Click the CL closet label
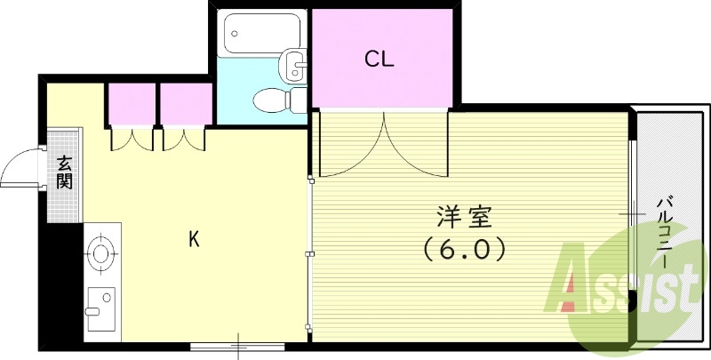point(379,60)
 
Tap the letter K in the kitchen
point(194,238)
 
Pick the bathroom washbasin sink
point(294,64)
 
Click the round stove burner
point(102,252)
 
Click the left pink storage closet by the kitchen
point(132,104)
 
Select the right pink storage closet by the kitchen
point(186,104)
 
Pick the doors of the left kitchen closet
point(132,140)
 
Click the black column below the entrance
point(61,284)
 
